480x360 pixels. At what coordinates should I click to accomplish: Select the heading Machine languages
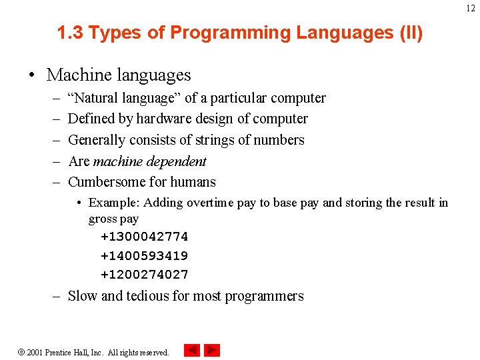(119, 75)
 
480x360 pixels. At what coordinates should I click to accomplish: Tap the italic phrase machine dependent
(149, 161)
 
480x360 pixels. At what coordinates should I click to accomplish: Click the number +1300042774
(144, 237)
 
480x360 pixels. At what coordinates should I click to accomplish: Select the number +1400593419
(144, 255)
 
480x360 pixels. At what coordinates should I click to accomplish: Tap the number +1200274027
(144, 274)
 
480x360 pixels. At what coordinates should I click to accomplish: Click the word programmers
(264, 296)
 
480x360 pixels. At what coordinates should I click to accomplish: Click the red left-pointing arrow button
(192, 350)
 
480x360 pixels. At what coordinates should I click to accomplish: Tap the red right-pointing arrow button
(212, 350)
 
